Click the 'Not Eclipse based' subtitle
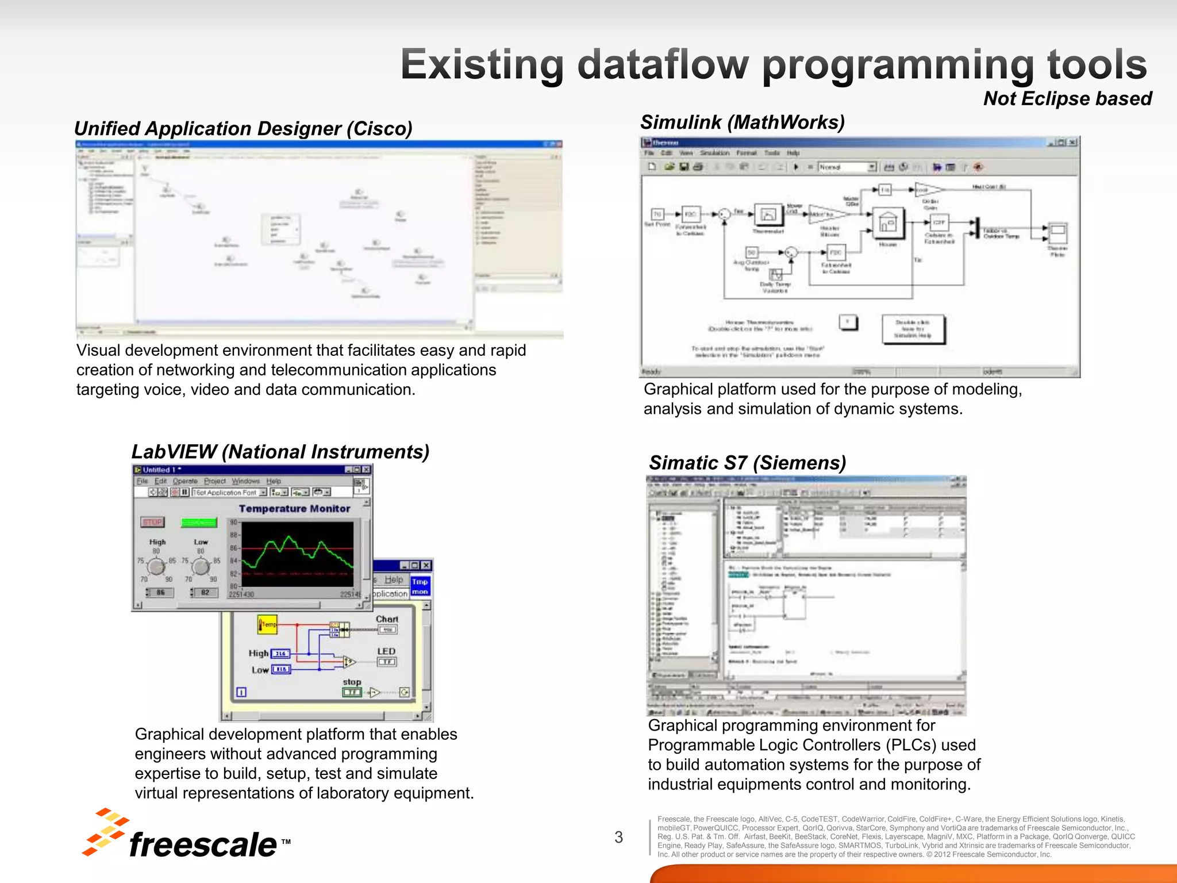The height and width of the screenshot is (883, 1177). (x=1067, y=98)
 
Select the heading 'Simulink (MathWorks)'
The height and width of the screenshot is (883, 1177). (x=742, y=122)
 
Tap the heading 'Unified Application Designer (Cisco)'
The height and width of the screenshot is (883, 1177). (x=243, y=128)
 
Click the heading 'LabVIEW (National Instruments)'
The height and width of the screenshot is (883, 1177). (x=280, y=452)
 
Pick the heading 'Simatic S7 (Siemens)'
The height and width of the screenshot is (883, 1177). (x=747, y=462)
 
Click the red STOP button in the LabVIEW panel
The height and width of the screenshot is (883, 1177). (x=153, y=522)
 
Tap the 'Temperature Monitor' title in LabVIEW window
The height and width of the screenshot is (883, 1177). (x=294, y=508)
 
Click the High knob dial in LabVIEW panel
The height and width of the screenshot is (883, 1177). (x=156, y=567)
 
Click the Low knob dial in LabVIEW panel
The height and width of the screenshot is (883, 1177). (x=200, y=567)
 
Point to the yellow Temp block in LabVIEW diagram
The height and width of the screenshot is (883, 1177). (x=267, y=624)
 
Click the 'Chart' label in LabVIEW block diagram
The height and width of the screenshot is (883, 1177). (x=387, y=619)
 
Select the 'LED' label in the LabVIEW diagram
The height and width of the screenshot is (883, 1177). (x=386, y=651)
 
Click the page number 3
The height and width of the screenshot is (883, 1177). (x=618, y=837)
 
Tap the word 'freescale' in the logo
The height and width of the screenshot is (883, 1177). (x=203, y=844)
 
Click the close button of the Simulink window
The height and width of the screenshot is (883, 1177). (x=1072, y=142)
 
